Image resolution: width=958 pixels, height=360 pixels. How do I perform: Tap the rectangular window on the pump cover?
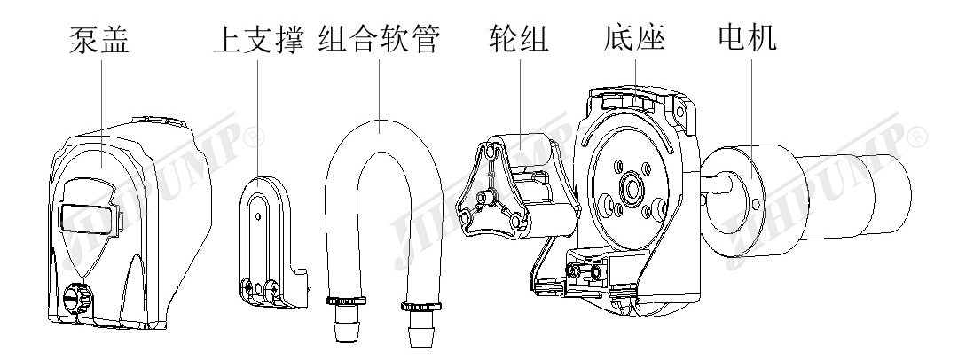click(x=88, y=215)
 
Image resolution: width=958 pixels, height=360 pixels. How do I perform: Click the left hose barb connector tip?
click(x=343, y=333)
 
